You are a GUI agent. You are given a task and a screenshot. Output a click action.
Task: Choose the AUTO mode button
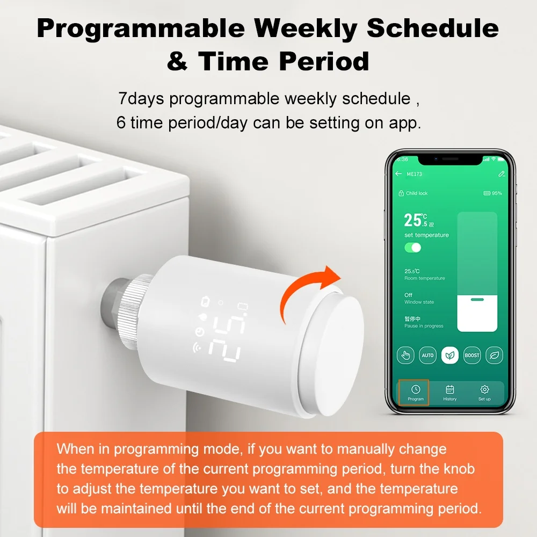coord(427,355)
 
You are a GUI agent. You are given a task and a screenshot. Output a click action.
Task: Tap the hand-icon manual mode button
coord(405,355)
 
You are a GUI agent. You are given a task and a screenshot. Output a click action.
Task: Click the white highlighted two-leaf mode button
coord(450,355)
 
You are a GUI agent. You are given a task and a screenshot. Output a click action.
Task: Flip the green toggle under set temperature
coord(413,248)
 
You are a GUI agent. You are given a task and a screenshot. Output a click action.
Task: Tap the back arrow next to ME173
coord(398,174)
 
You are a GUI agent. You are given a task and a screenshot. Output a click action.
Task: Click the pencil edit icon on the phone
coord(501,174)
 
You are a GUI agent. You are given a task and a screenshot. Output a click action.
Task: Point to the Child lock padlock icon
coord(401,193)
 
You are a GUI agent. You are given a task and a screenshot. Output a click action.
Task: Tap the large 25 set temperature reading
coord(413,220)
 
